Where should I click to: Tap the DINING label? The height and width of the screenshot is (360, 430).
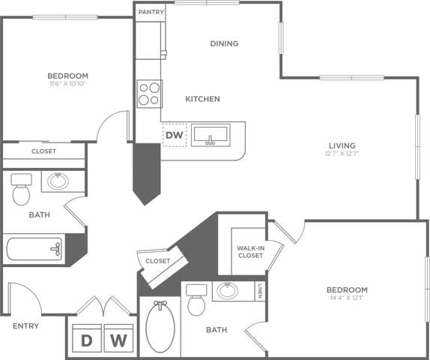coord(224,43)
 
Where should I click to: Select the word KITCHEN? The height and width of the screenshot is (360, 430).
coord(202,99)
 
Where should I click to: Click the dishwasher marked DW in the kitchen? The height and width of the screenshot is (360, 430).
coord(175,136)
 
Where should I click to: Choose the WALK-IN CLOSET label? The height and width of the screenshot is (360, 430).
coord(249,250)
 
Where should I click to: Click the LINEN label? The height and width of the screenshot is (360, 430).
coord(260,289)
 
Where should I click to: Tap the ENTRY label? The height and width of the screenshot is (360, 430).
coord(25,326)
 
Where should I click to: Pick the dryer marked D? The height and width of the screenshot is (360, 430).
coord(87,340)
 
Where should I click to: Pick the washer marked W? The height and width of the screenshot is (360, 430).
coord(118,340)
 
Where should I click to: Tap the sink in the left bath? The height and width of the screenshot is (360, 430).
coord(57,181)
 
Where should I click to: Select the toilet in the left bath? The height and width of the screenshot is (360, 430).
coord(20,189)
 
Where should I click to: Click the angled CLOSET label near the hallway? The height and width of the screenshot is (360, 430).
coord(157,261)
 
